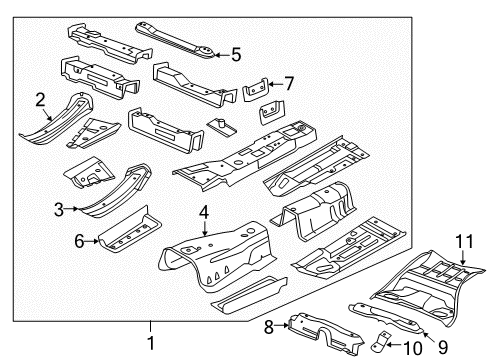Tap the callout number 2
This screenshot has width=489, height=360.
(40, 98)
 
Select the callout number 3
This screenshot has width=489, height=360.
(60, 208)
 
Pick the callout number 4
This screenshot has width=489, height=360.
(203, 240)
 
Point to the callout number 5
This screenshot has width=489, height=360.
(236, 54)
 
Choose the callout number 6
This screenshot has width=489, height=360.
(80, 241)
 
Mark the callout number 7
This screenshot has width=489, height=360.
(289, 83)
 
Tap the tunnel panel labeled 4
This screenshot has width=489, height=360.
(215, 275)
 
